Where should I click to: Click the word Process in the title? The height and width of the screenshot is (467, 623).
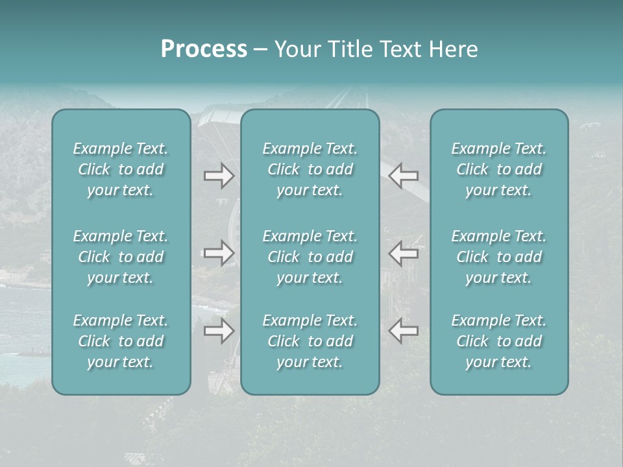204,49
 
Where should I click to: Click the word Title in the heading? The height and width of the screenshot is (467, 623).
345,49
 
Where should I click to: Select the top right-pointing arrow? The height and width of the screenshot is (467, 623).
219,176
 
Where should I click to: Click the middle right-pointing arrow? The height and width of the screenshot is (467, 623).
219,253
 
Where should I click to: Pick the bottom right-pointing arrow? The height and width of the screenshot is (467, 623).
219,331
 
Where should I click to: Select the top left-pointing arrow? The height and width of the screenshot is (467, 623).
404,176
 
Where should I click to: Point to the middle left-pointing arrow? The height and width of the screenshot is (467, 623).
404,253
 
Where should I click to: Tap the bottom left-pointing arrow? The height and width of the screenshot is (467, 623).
404,331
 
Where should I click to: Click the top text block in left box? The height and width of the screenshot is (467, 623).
121,169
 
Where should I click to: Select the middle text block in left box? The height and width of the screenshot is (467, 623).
121,257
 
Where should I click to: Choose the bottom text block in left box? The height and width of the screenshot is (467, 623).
121,341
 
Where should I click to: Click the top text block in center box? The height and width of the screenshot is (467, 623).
310,169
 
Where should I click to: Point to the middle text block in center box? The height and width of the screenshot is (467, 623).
310,257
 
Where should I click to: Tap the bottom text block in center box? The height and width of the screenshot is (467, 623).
310,341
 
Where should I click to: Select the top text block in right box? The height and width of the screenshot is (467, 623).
499,169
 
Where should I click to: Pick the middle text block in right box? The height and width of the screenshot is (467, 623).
499,257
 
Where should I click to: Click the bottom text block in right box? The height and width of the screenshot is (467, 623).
499,341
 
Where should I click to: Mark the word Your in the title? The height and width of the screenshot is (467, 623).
296,49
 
